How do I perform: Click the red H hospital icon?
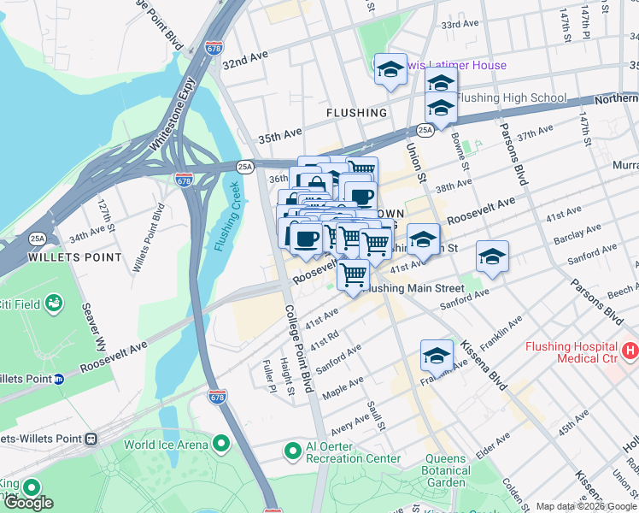[x=630, y=350]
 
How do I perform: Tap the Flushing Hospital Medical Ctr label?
[x=572, y=352]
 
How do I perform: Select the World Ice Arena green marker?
[x=221, y=444]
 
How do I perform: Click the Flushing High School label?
[x=511, y=97]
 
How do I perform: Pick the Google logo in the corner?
[x=28, y=503]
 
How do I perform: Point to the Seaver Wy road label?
[x=93, y=327]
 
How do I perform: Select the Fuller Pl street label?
[x=268, y=375]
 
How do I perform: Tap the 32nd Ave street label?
[x=245, y=59]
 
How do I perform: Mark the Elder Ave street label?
[x=493, y=445]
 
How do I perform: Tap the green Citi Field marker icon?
[x=54, y=302]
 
